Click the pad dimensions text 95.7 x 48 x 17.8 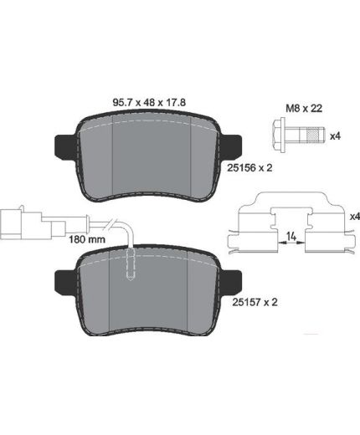point(149,102)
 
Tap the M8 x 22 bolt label point(304,108)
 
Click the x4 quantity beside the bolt point(335,136)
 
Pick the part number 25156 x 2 point(249,167)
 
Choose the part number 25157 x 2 point(255,302)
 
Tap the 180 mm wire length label point(87,239)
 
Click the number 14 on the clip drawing point(291,237)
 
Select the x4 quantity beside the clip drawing point(355,217)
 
